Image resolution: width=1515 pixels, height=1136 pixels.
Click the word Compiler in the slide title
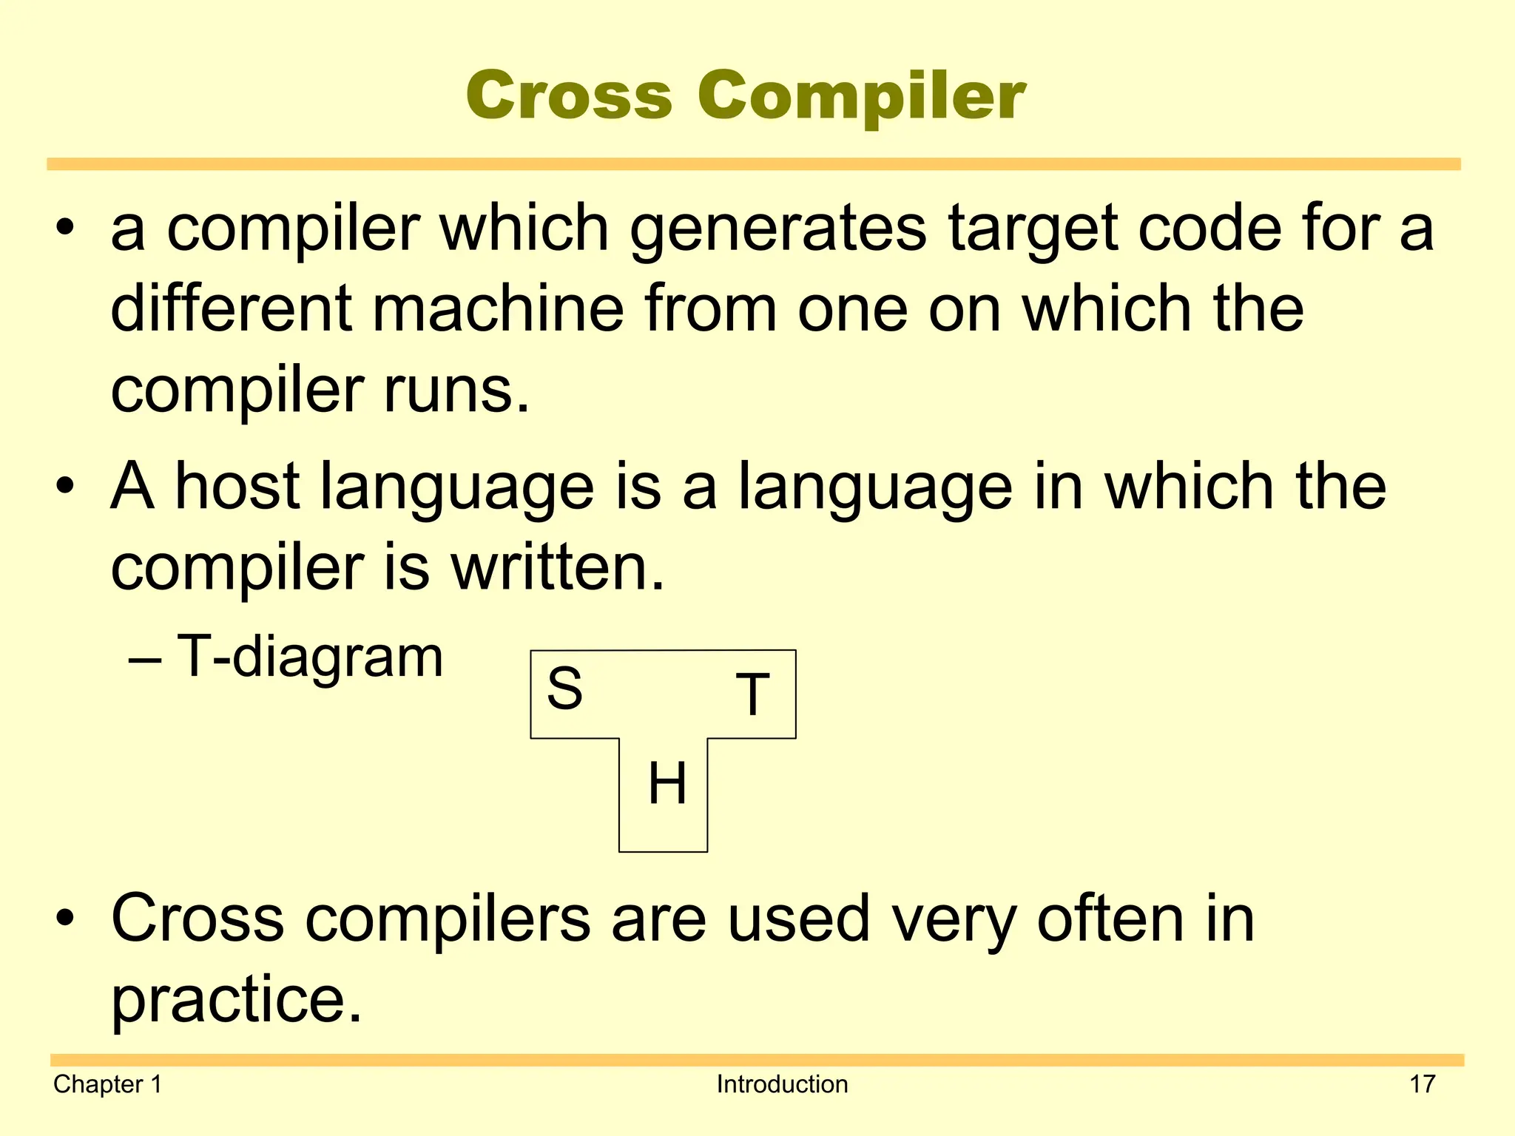coord(861,97)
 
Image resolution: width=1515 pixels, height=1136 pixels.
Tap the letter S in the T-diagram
coord(564,688)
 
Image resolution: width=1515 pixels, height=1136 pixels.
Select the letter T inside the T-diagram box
coord(752,694)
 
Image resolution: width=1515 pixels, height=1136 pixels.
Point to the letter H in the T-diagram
coord(667,783)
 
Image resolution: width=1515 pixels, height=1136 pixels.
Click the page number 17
coord(1422,1084)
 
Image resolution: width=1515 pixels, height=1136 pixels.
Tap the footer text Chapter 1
coord(107,1084)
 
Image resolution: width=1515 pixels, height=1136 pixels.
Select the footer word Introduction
coord(782,1084)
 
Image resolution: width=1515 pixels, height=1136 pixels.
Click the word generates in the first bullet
coord(777,229)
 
